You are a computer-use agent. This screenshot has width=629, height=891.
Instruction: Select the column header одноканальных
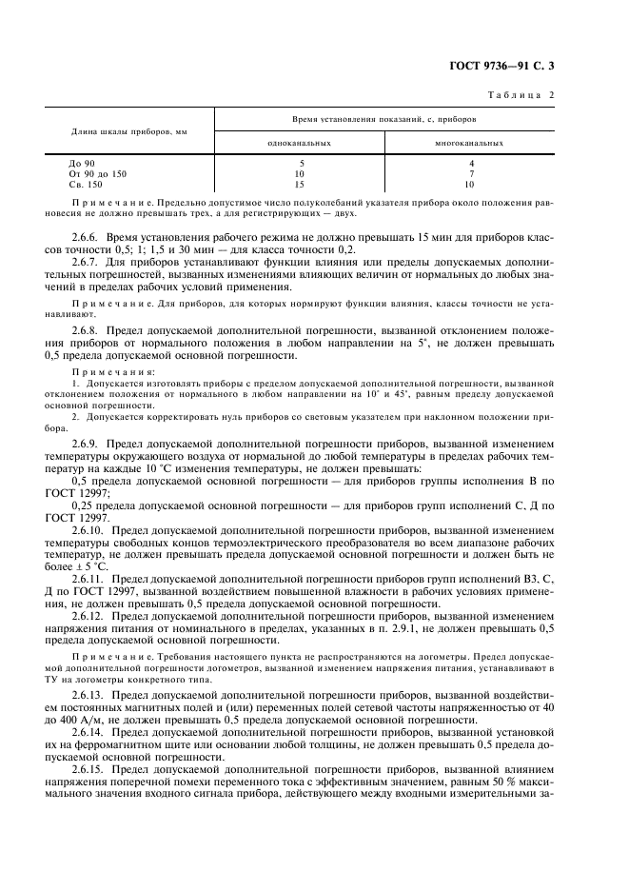click(x=299, y=143)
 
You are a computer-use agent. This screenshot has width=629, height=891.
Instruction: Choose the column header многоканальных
click(x=469, y=143)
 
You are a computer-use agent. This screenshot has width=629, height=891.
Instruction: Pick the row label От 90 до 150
click(x=97, y=174)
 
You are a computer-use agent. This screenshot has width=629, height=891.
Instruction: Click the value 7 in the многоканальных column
click(x=469, y=174)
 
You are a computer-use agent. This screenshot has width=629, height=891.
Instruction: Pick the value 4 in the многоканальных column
click(x=469, y=164)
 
